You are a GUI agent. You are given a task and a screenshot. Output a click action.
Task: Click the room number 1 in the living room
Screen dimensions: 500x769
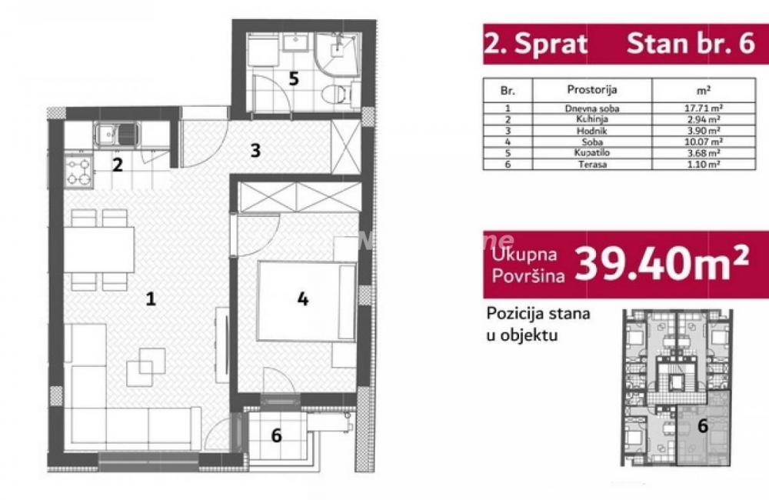[151, 299]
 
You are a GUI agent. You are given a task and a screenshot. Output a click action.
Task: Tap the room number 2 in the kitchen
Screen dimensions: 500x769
[117, 164]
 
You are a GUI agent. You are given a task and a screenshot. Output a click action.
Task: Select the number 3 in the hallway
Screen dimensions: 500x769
[255, 150]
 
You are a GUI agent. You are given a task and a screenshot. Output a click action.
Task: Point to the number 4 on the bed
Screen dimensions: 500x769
[303, 298]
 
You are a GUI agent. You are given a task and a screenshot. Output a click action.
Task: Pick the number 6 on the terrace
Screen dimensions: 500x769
[276, 435]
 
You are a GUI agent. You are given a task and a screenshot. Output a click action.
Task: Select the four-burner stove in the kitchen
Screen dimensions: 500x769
[78, 170]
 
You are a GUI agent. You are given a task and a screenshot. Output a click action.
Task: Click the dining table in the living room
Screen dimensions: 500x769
[99, 250]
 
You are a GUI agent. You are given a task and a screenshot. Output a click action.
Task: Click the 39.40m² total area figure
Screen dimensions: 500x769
[662, 263]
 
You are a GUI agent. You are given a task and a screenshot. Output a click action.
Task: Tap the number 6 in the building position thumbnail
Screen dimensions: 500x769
[702, 425]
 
